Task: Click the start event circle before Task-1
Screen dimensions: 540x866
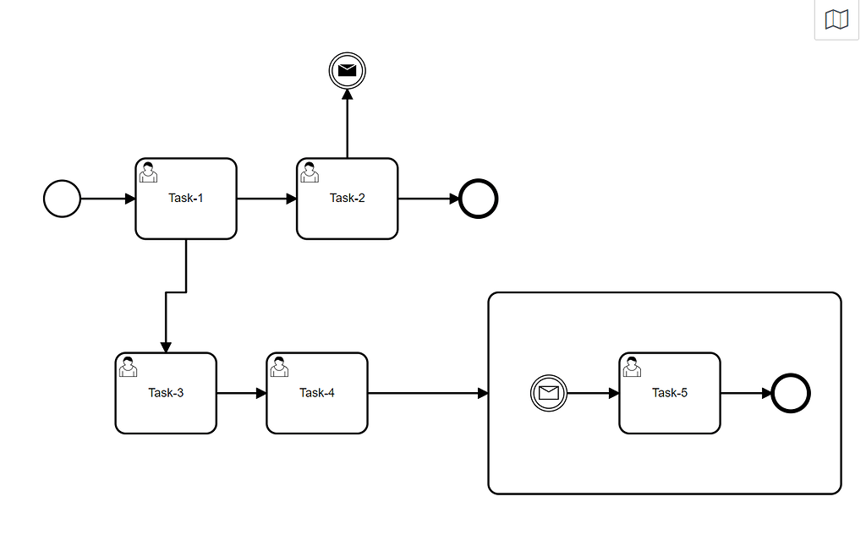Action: [x=62, y=199]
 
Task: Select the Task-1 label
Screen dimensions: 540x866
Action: [x=186, y=199]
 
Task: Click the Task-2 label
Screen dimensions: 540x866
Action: [x=347, y=199]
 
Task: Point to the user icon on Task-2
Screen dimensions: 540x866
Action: [x=310, y=172]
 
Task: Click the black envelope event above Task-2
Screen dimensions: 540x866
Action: [x=347, y=71]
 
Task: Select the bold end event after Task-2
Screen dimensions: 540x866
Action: [x=479, y=199]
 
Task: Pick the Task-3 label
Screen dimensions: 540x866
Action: [x=166, y=393]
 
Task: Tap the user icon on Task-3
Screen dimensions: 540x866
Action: [x=129, y=366]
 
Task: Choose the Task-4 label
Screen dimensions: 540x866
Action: [x=317, y=393]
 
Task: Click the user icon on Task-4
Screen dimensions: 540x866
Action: [x=279, y=366]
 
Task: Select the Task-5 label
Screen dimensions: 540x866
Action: [x=670, y=393]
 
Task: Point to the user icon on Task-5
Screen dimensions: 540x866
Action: [x=632, y=366]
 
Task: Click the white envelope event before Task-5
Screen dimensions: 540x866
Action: [x=549, y=393]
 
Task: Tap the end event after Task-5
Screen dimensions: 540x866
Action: [x=792, y=393]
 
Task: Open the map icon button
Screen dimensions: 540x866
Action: [x=836, y=19]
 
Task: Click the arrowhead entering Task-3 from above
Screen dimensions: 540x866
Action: [x=166, y=346]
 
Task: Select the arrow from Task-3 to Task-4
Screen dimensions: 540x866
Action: [x=241, y=393]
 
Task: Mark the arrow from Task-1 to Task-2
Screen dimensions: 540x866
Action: [x=266, y=199]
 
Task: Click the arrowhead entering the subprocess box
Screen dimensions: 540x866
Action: [x=483, y=393]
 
